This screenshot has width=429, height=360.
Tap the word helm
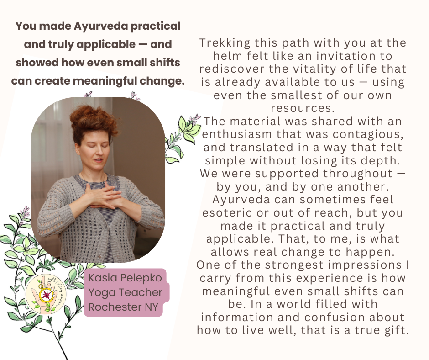click(228, 56)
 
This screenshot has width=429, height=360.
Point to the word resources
click(303, 108)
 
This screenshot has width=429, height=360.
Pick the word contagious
click(368, 134)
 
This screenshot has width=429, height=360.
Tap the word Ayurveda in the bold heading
click(101, 26)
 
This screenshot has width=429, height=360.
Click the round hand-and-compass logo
click(46, 294)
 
